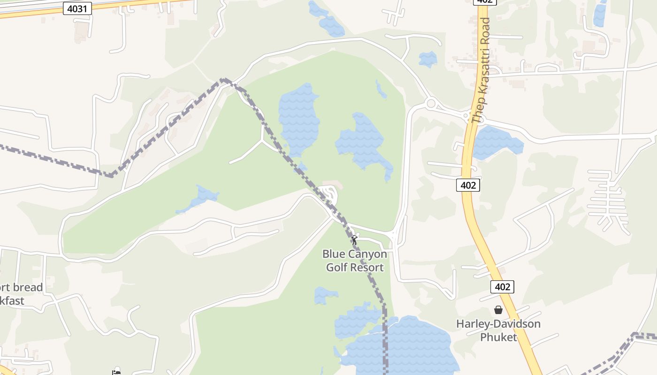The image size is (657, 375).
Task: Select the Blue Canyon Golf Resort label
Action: coord(355,261)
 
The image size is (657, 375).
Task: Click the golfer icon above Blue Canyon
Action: coord(354,240)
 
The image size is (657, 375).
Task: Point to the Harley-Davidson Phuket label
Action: coord(498,330)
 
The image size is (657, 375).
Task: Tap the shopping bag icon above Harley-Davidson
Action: coord(498,310)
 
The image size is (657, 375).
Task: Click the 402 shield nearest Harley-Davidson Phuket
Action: coord(502,286)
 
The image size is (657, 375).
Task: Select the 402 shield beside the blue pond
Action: coord(468,185)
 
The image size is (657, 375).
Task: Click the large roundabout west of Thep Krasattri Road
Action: coord(431,103)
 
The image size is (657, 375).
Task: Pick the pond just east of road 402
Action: coord(497,142)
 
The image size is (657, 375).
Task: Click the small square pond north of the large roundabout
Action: coord(428,59)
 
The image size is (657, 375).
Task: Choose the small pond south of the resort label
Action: coord(325,295)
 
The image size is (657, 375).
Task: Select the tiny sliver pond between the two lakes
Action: coord(381,89)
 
